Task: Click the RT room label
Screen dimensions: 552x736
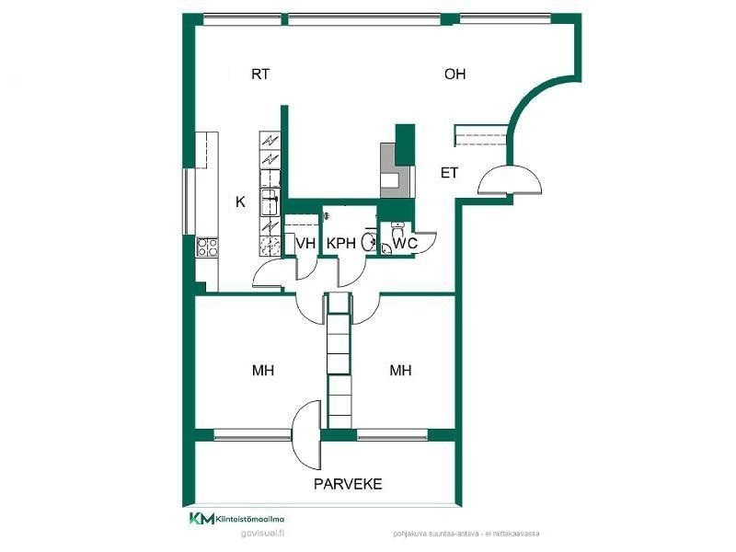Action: pos(260,75)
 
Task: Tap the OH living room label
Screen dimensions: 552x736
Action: pos(454,75)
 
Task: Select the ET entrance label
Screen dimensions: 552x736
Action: pos(449,172)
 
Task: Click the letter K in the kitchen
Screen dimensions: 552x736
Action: pos(240,201)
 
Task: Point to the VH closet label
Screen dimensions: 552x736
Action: pos(305,243)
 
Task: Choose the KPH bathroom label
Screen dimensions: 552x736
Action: pos(340,243)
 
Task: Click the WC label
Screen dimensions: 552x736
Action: pos(407,243)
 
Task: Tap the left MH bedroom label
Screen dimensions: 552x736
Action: pos(262,371)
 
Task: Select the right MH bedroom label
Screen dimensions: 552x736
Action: pos(399,371)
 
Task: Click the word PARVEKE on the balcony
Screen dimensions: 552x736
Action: pos(348,484)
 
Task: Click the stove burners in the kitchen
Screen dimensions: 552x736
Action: pos(207,247)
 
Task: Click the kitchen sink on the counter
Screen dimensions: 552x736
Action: pos(271,195)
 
